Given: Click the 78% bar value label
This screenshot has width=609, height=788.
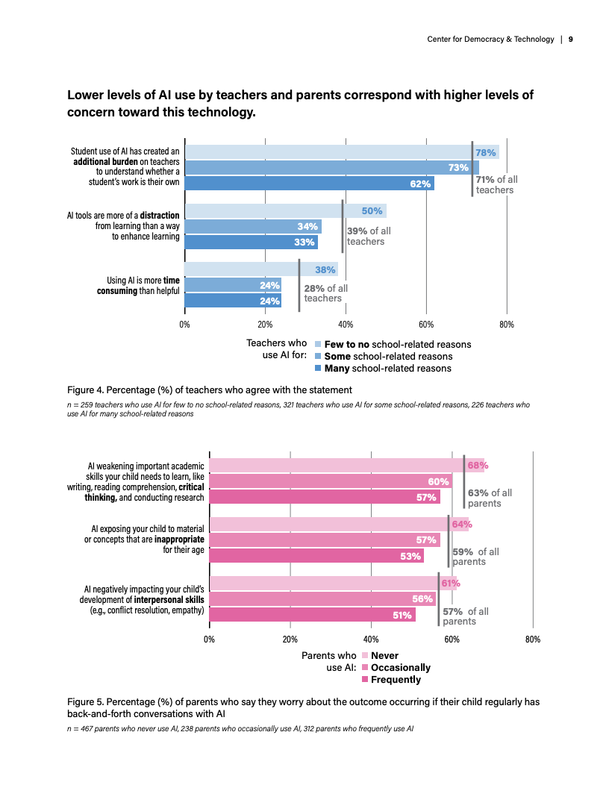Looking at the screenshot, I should [x=487, y=152].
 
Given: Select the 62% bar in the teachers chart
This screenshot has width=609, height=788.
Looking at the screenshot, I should [x=309, y=184].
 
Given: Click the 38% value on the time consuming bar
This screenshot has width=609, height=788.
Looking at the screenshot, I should [x=325, y=270].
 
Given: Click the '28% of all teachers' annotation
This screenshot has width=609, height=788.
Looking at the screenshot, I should [x=325, y=293].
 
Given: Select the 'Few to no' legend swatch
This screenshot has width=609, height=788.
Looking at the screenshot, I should [x=318, y=345].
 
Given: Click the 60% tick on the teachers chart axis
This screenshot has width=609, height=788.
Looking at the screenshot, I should [x=426, y=325].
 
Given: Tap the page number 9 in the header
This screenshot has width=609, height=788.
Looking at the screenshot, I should [x=570, y=39].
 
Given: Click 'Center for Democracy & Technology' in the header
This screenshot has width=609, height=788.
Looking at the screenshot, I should [x=490, y=39].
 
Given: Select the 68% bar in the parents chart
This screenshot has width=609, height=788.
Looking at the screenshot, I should [x=346, y=466].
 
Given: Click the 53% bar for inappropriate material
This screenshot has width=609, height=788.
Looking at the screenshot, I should [x=316, y=555].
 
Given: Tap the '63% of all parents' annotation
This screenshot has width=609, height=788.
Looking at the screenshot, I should [x=490, y=498].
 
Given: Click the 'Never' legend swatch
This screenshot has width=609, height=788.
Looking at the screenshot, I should [x=365, y=656].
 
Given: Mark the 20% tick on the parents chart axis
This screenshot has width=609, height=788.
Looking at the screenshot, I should [x=290, y=640].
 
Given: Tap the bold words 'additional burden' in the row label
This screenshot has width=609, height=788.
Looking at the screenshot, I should [x=104, y=160].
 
